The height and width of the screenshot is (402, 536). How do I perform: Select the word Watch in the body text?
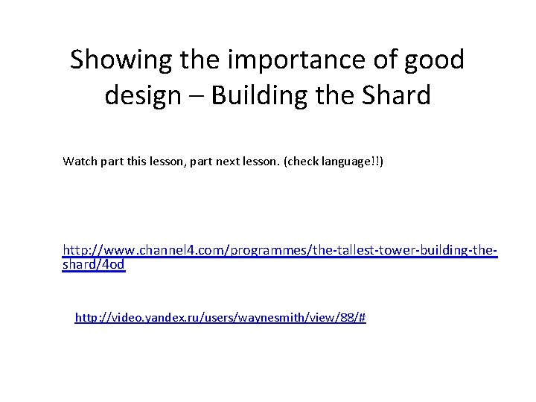tap(79, 160)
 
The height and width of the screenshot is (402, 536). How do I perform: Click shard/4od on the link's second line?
tap(94, 265)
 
